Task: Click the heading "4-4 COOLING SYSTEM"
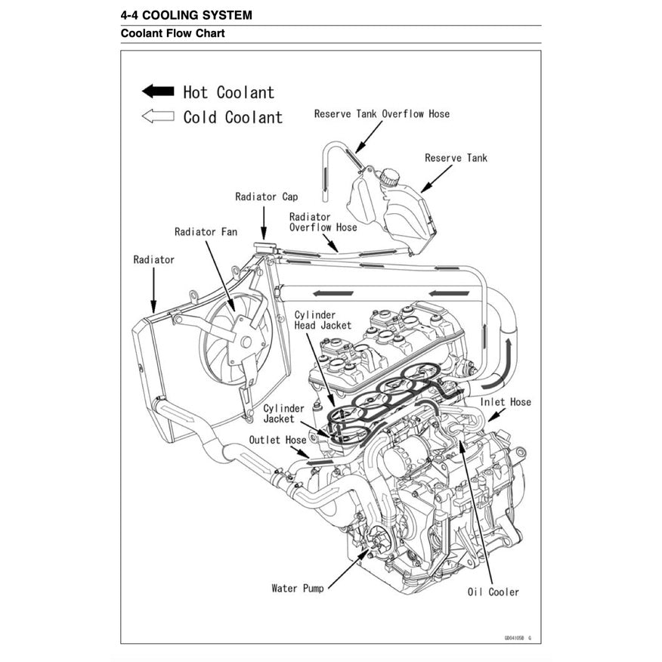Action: pos(186,15)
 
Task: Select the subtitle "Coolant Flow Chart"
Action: pos(172,34)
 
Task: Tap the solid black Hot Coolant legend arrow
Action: pos(158,91)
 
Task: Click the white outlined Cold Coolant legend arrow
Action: pos(158,116)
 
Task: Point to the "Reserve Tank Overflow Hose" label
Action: pos(382,114)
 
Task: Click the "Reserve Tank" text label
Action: pos(456,158)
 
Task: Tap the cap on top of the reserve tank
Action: pos(389,178)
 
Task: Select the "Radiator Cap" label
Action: pos(266,197)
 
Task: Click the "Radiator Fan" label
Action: pos(206,232)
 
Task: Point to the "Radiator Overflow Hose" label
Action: pos(323,222)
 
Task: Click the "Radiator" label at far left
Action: pos(153,260)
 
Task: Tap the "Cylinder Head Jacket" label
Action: pos(323,320)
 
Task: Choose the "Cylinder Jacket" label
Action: pos(283,413)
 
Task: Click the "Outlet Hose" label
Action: pos(277,440)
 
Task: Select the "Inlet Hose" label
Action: pos(506,402)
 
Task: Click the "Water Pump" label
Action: pos(297,588)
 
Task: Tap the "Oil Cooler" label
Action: pos(493,592)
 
